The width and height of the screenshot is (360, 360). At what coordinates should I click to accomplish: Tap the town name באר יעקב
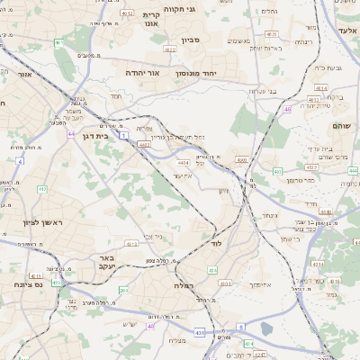point(102,262)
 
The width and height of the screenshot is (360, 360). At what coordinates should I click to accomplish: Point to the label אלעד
point(347,30)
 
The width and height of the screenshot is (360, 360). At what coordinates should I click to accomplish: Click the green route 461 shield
point(58,42)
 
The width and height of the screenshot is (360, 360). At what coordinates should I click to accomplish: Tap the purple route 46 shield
point(287,109)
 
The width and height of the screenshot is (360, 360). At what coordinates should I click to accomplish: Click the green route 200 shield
point(124,290)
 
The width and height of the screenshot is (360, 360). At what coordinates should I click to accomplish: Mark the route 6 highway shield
point(241,327)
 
